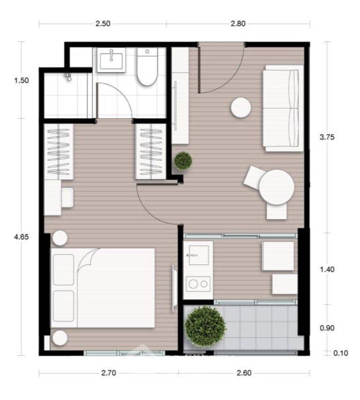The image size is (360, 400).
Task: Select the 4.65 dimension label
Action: coord(22,237)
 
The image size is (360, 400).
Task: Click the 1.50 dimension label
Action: coord(22,80)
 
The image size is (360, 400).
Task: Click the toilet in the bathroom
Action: coord(147,69)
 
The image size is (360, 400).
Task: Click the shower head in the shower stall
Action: coord(69,76)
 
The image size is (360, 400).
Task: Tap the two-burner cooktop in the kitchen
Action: coord(198,283)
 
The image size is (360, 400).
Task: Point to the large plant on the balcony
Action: coord(205,326)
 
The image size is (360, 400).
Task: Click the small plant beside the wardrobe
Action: coord(183,160)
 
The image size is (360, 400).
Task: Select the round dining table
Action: coord(277,187)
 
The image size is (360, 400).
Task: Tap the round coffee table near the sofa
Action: coord(241,107)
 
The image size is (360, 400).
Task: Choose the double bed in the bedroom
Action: coord(103,287)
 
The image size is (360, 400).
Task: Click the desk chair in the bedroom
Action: coord(67,197)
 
